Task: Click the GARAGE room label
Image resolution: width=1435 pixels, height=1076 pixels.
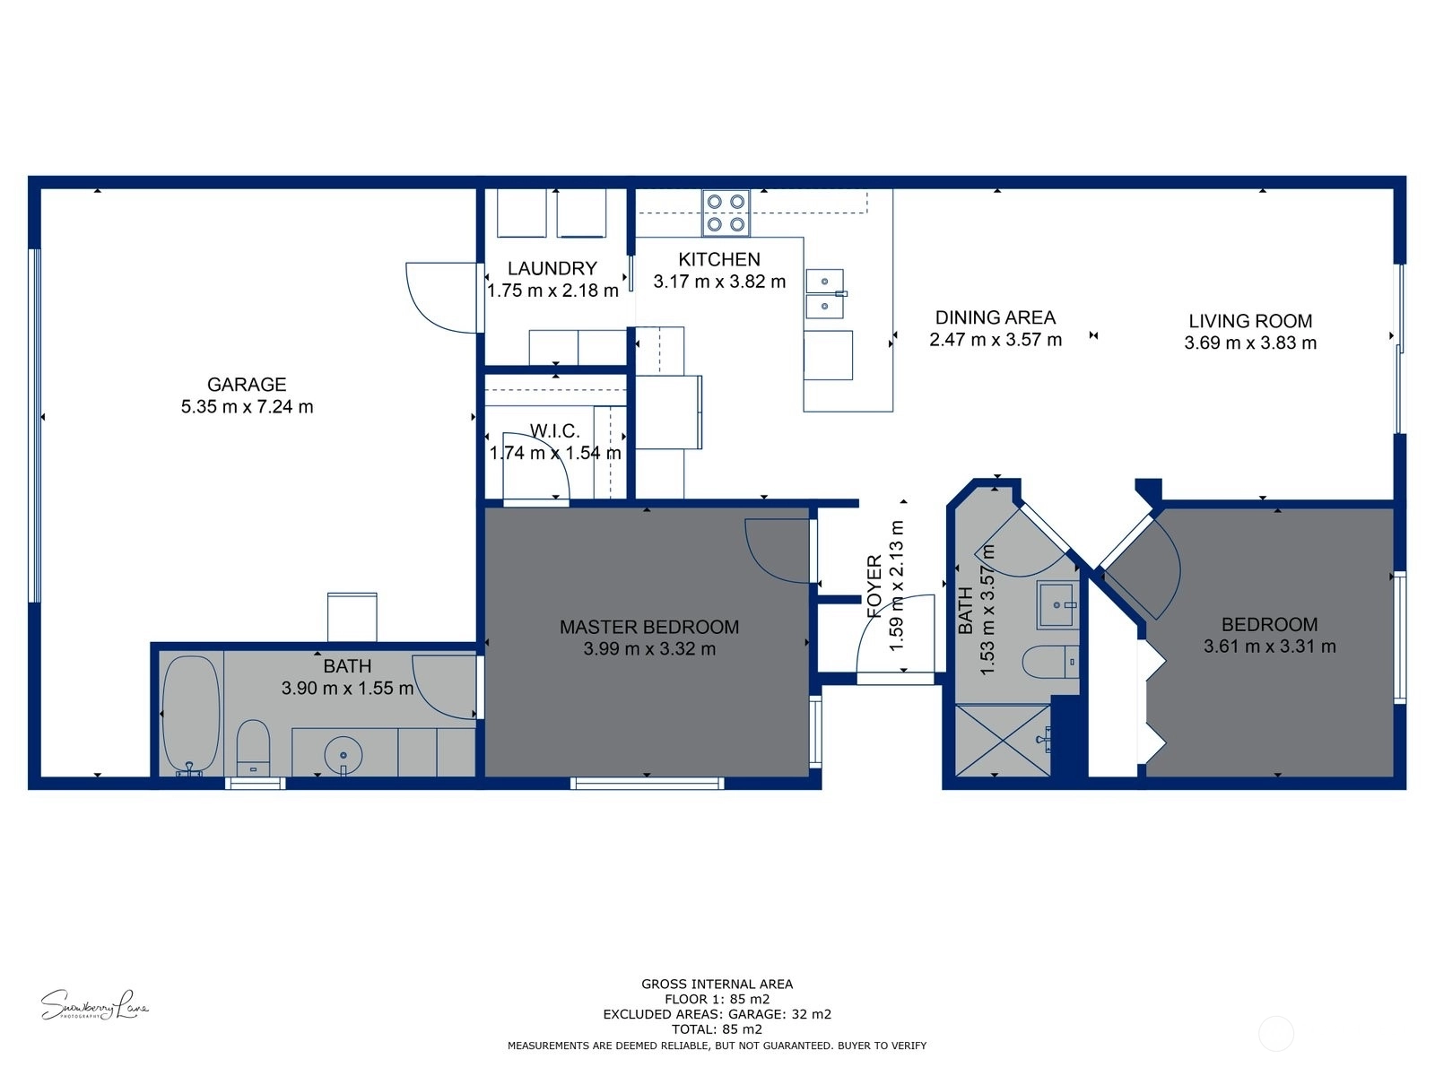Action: [247, 384]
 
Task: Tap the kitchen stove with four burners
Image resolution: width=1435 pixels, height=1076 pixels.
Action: [726, 213]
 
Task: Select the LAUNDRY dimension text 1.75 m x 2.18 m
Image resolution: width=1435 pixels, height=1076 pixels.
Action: [552, 291]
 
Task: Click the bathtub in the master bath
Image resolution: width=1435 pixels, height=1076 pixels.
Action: [191, 716]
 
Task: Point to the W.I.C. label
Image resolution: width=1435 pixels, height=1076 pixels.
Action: [554, 431]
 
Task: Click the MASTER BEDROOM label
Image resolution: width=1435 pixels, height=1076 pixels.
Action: [649, 627]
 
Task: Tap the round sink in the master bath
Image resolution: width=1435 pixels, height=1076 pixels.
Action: [344, 755]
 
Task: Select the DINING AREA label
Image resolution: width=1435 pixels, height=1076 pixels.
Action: [995, 317]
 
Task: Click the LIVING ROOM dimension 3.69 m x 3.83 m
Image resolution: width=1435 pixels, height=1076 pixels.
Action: [1250, 343]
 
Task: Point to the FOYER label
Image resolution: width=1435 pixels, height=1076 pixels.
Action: [874, 586]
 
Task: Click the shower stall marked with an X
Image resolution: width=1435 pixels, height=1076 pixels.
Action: [1003, 741]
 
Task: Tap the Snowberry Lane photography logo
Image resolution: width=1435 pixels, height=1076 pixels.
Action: [94, 1005]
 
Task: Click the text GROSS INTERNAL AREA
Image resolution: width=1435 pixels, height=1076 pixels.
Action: [717, 984]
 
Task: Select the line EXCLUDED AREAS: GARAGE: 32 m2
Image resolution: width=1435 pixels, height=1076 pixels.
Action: [717, 1014]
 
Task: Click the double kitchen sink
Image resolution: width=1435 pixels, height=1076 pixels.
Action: [825, 293]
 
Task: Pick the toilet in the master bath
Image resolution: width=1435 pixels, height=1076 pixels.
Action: [253, 748]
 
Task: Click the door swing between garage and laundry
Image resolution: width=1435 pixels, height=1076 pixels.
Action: [441, 298]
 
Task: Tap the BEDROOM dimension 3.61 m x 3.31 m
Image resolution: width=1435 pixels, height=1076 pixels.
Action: [1270, 646]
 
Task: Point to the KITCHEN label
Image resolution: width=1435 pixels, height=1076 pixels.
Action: [719, 259]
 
